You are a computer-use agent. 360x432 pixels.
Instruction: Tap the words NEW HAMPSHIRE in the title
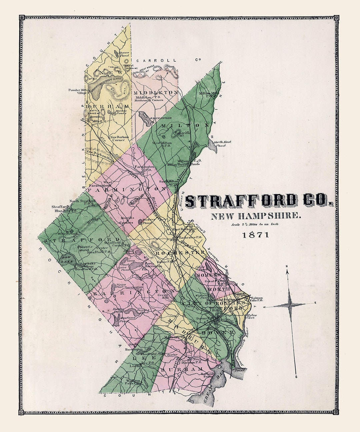pos(256,216)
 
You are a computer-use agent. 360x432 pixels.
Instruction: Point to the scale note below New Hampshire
pos(255,224)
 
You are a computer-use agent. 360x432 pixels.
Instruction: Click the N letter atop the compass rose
pos(287,266)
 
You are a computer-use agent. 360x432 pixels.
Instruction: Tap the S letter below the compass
pos(296,377)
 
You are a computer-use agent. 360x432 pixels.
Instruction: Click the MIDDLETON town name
pos(155,92)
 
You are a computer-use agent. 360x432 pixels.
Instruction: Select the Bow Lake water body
pos(65,260)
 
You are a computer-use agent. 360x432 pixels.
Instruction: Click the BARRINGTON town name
pos(133,293)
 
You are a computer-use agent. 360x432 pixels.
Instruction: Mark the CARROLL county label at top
pos(158,61)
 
